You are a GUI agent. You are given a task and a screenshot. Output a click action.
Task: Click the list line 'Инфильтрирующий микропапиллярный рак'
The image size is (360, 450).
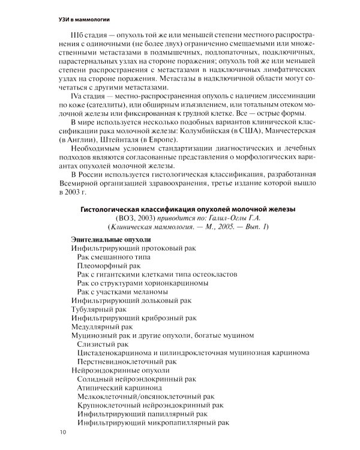pos(153,424)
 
